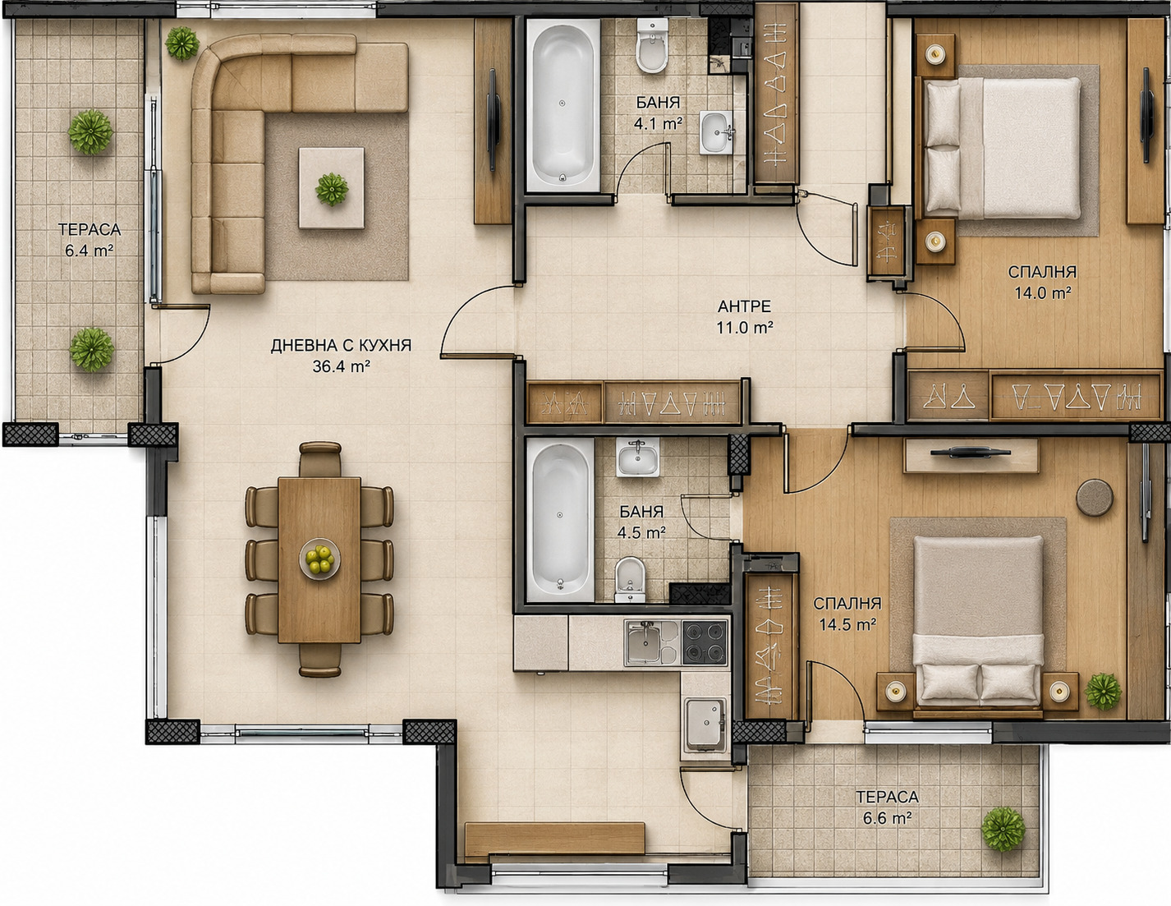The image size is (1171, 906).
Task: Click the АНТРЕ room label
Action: click(744, 306)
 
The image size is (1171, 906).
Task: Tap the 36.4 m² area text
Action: click(341, 367)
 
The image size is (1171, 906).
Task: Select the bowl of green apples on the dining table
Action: click(320, 559)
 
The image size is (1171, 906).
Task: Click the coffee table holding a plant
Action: click(332, 188)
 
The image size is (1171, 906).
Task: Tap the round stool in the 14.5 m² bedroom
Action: click(1095, 498)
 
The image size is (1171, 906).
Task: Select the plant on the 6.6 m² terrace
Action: click(1003, 830)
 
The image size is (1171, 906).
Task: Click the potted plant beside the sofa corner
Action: click(182, 43)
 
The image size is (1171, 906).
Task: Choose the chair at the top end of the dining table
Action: click(320, 459)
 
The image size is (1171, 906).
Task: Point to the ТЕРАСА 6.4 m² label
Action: click(90, 240)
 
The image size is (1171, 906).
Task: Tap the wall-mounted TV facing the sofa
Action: click(493, 120)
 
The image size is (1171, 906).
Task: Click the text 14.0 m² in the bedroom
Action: click(1043, 293)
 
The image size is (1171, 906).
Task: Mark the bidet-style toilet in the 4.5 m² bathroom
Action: click(630, 579)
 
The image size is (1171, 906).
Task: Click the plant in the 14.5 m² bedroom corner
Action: click(1103, 691)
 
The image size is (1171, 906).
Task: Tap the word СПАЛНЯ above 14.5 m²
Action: click(847, 603)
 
